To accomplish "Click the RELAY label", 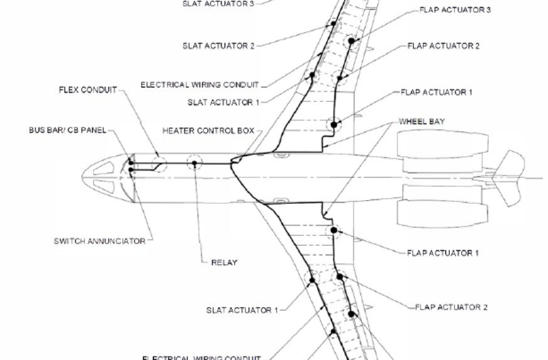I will point(224,263).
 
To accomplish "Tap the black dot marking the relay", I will point(194,163).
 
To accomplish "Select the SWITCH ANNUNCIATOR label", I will point(99,241).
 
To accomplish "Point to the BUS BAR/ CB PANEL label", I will point(67,130).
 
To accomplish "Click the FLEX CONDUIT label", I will point(87,90).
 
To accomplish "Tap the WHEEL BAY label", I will point(422,122).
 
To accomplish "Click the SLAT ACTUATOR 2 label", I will point(218,46).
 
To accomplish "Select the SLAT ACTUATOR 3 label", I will point(218,3).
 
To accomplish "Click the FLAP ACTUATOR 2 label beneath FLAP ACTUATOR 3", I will point(444,46).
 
